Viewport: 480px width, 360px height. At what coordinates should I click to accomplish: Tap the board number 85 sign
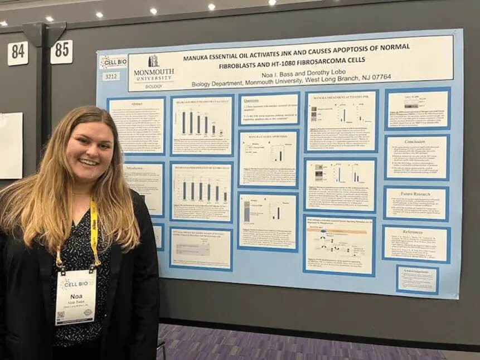[61, 52]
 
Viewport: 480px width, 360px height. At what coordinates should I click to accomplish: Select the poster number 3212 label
[111, 76]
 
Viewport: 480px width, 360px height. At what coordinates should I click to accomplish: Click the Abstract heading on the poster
[135, 104]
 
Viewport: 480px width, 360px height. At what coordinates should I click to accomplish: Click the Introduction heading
[136, 167]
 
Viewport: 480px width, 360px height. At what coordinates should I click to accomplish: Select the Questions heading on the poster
[252, 100]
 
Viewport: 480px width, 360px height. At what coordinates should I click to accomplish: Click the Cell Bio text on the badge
[77, 284]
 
